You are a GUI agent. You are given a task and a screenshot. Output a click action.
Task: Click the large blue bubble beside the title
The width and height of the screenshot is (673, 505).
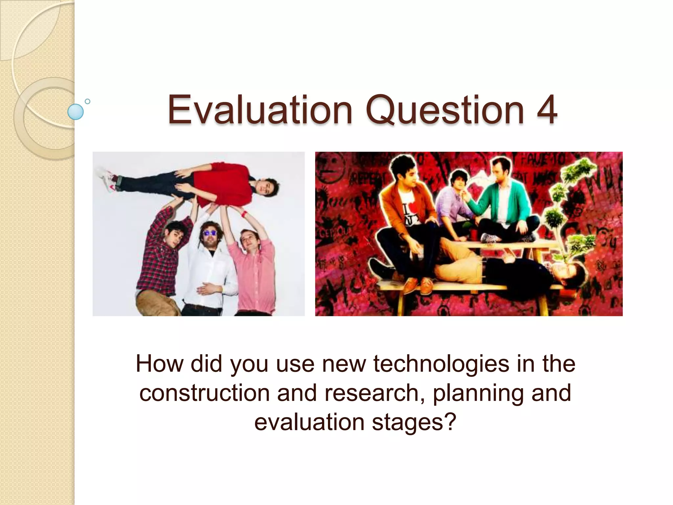(x=75, y=112)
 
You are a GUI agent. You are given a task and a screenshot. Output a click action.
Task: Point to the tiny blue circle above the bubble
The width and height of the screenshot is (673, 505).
(x=87, y=101)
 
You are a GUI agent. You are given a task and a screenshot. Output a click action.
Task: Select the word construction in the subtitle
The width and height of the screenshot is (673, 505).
(x=204, y=393)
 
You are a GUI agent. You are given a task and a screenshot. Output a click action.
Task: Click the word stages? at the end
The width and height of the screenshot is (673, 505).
(x=414, y=422)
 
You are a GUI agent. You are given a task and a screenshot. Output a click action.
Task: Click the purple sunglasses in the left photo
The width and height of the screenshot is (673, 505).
(x=210, y=233)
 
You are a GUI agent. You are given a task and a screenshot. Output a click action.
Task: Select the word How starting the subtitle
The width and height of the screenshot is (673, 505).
(x=159, y=364)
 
